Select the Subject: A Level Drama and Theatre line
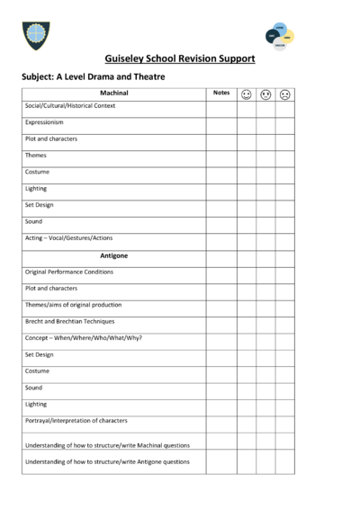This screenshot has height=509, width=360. [93, 77]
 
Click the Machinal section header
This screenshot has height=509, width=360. [114, 94]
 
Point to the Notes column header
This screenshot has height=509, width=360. [220, 94]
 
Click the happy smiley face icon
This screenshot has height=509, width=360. [246, 94]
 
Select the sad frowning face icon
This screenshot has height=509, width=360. [284, 94]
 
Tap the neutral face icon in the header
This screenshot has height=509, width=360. [265, 94]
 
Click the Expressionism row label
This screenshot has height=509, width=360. [45, 122]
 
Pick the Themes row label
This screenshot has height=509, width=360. [36, 156]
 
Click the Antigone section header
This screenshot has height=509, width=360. [114, 255]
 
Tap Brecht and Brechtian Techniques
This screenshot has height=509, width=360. [70, 321]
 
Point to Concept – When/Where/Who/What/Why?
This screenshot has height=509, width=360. [84, 338]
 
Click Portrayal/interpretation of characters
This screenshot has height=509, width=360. [76, 421]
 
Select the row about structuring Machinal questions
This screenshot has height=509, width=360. [107, 445]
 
